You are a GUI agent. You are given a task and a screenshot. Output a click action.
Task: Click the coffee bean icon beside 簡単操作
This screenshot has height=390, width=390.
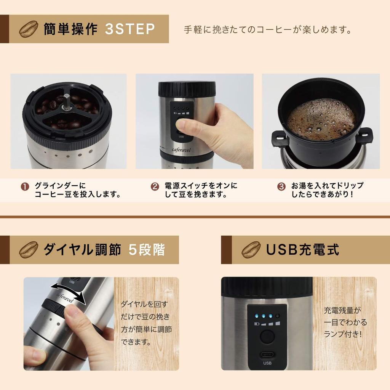(29, 29)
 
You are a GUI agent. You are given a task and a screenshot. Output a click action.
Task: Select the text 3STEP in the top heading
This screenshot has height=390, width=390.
(129, 29)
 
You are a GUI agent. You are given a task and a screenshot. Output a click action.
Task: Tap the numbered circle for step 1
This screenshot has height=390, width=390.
(25, 187)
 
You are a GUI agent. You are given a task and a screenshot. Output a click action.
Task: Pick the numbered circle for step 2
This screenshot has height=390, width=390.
(155, 187)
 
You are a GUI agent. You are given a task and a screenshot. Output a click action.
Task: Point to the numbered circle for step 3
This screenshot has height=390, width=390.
(281, 187)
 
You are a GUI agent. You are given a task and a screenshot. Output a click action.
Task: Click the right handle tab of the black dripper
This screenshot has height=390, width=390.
(364, 135)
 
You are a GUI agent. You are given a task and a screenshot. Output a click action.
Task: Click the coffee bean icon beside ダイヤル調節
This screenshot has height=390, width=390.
(29, 250)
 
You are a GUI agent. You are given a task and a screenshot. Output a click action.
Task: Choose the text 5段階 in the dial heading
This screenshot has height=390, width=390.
(147, 250)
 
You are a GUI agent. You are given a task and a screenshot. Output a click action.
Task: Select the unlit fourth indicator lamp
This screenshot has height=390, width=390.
(278, 316)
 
